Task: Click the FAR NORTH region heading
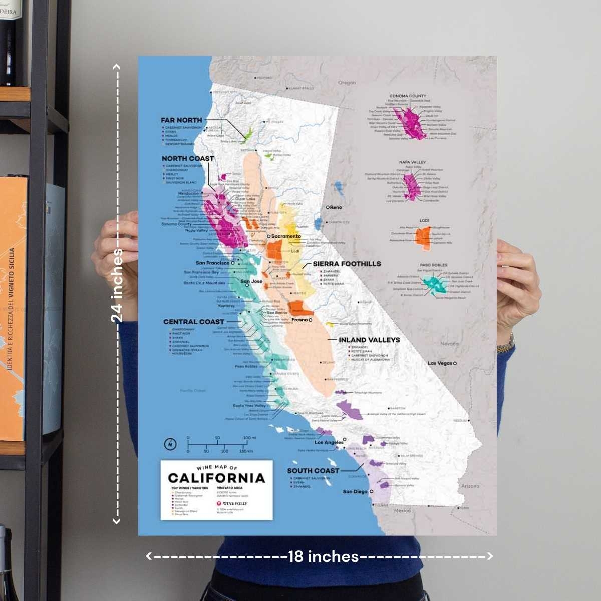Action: (181, 120)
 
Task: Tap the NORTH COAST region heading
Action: (187, 159)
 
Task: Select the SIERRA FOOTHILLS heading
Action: (347, 264)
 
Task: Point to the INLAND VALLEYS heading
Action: (369, 340)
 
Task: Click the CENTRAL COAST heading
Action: (194, 322)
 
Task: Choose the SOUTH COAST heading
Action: (313, 471)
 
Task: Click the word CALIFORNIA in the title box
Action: (216, 478)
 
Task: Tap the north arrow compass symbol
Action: (170, 444)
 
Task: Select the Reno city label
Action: (336, 207)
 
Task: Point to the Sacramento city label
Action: (286, 236)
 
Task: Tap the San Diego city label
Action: (355, 492)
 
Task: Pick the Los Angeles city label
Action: (329, 442)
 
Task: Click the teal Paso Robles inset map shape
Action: (435, 284)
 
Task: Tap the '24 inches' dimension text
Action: (117, 285)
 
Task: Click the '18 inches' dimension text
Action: (323, 556)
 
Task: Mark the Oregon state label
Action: (347, 83)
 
